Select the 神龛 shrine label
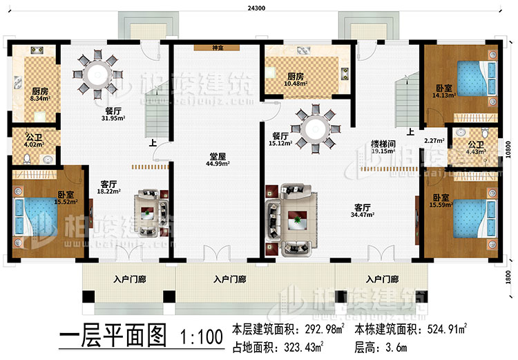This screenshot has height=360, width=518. point(217,48)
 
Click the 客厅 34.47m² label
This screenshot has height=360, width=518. point(363,211)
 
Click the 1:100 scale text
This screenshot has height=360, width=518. point(200,338)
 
